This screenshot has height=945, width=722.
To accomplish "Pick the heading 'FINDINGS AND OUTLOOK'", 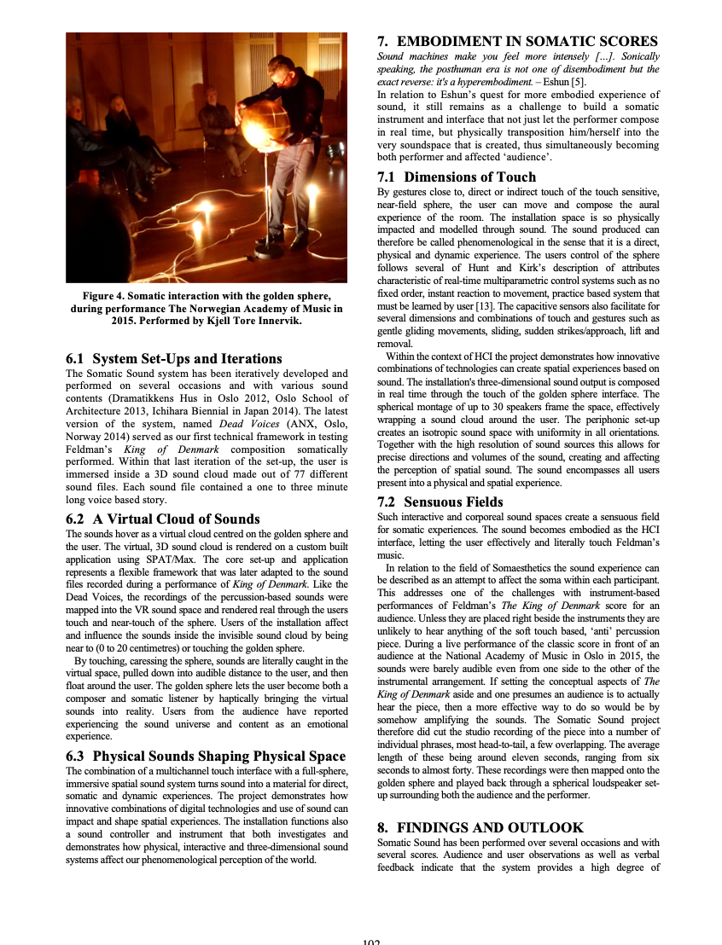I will (490, 827).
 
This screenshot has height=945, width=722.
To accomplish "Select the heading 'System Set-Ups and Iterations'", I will (187, 358).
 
